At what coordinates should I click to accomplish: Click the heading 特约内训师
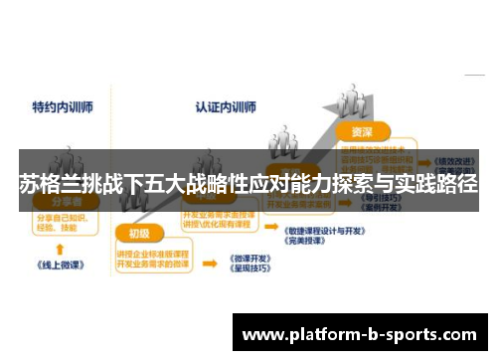coord(62,105)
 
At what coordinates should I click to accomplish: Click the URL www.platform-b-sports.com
coord(359,333)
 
